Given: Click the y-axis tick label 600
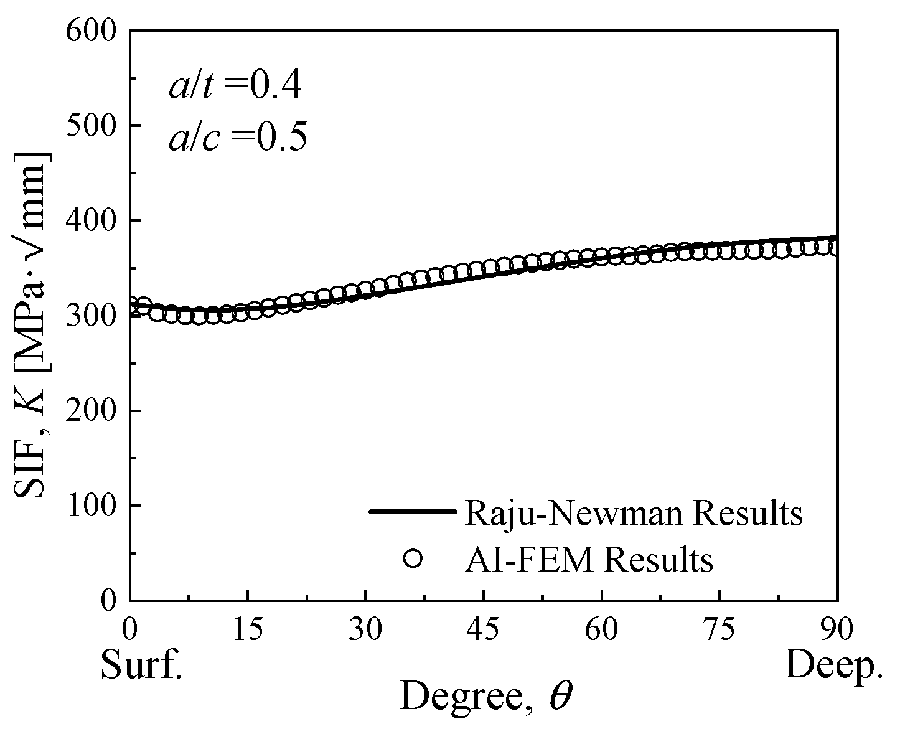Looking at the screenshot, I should [95, 30].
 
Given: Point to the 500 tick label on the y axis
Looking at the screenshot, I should [95, 125].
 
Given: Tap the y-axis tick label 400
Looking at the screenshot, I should [95, 220].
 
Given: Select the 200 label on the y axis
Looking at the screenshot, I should [95, 411].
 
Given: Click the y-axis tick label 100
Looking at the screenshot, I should [95, 506].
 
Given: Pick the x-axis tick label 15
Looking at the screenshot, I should [248, 629].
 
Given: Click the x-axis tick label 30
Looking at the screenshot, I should [366, 629].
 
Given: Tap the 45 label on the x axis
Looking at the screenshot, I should [484, 629].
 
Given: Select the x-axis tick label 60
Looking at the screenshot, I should [602, 629].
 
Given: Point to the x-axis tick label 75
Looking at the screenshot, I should [720, 629].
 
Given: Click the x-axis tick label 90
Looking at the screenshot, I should [837, 629].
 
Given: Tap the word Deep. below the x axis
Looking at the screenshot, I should [833, 666].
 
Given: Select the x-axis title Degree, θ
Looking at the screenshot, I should [485, 695].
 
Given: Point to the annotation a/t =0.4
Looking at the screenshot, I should [235, 87].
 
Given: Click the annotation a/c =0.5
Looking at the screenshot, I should [237, 138].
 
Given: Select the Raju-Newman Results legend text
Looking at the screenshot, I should [633, 513].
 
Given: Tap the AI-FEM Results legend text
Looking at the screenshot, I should [588, 559].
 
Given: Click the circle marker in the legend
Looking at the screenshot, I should [413, 558].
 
